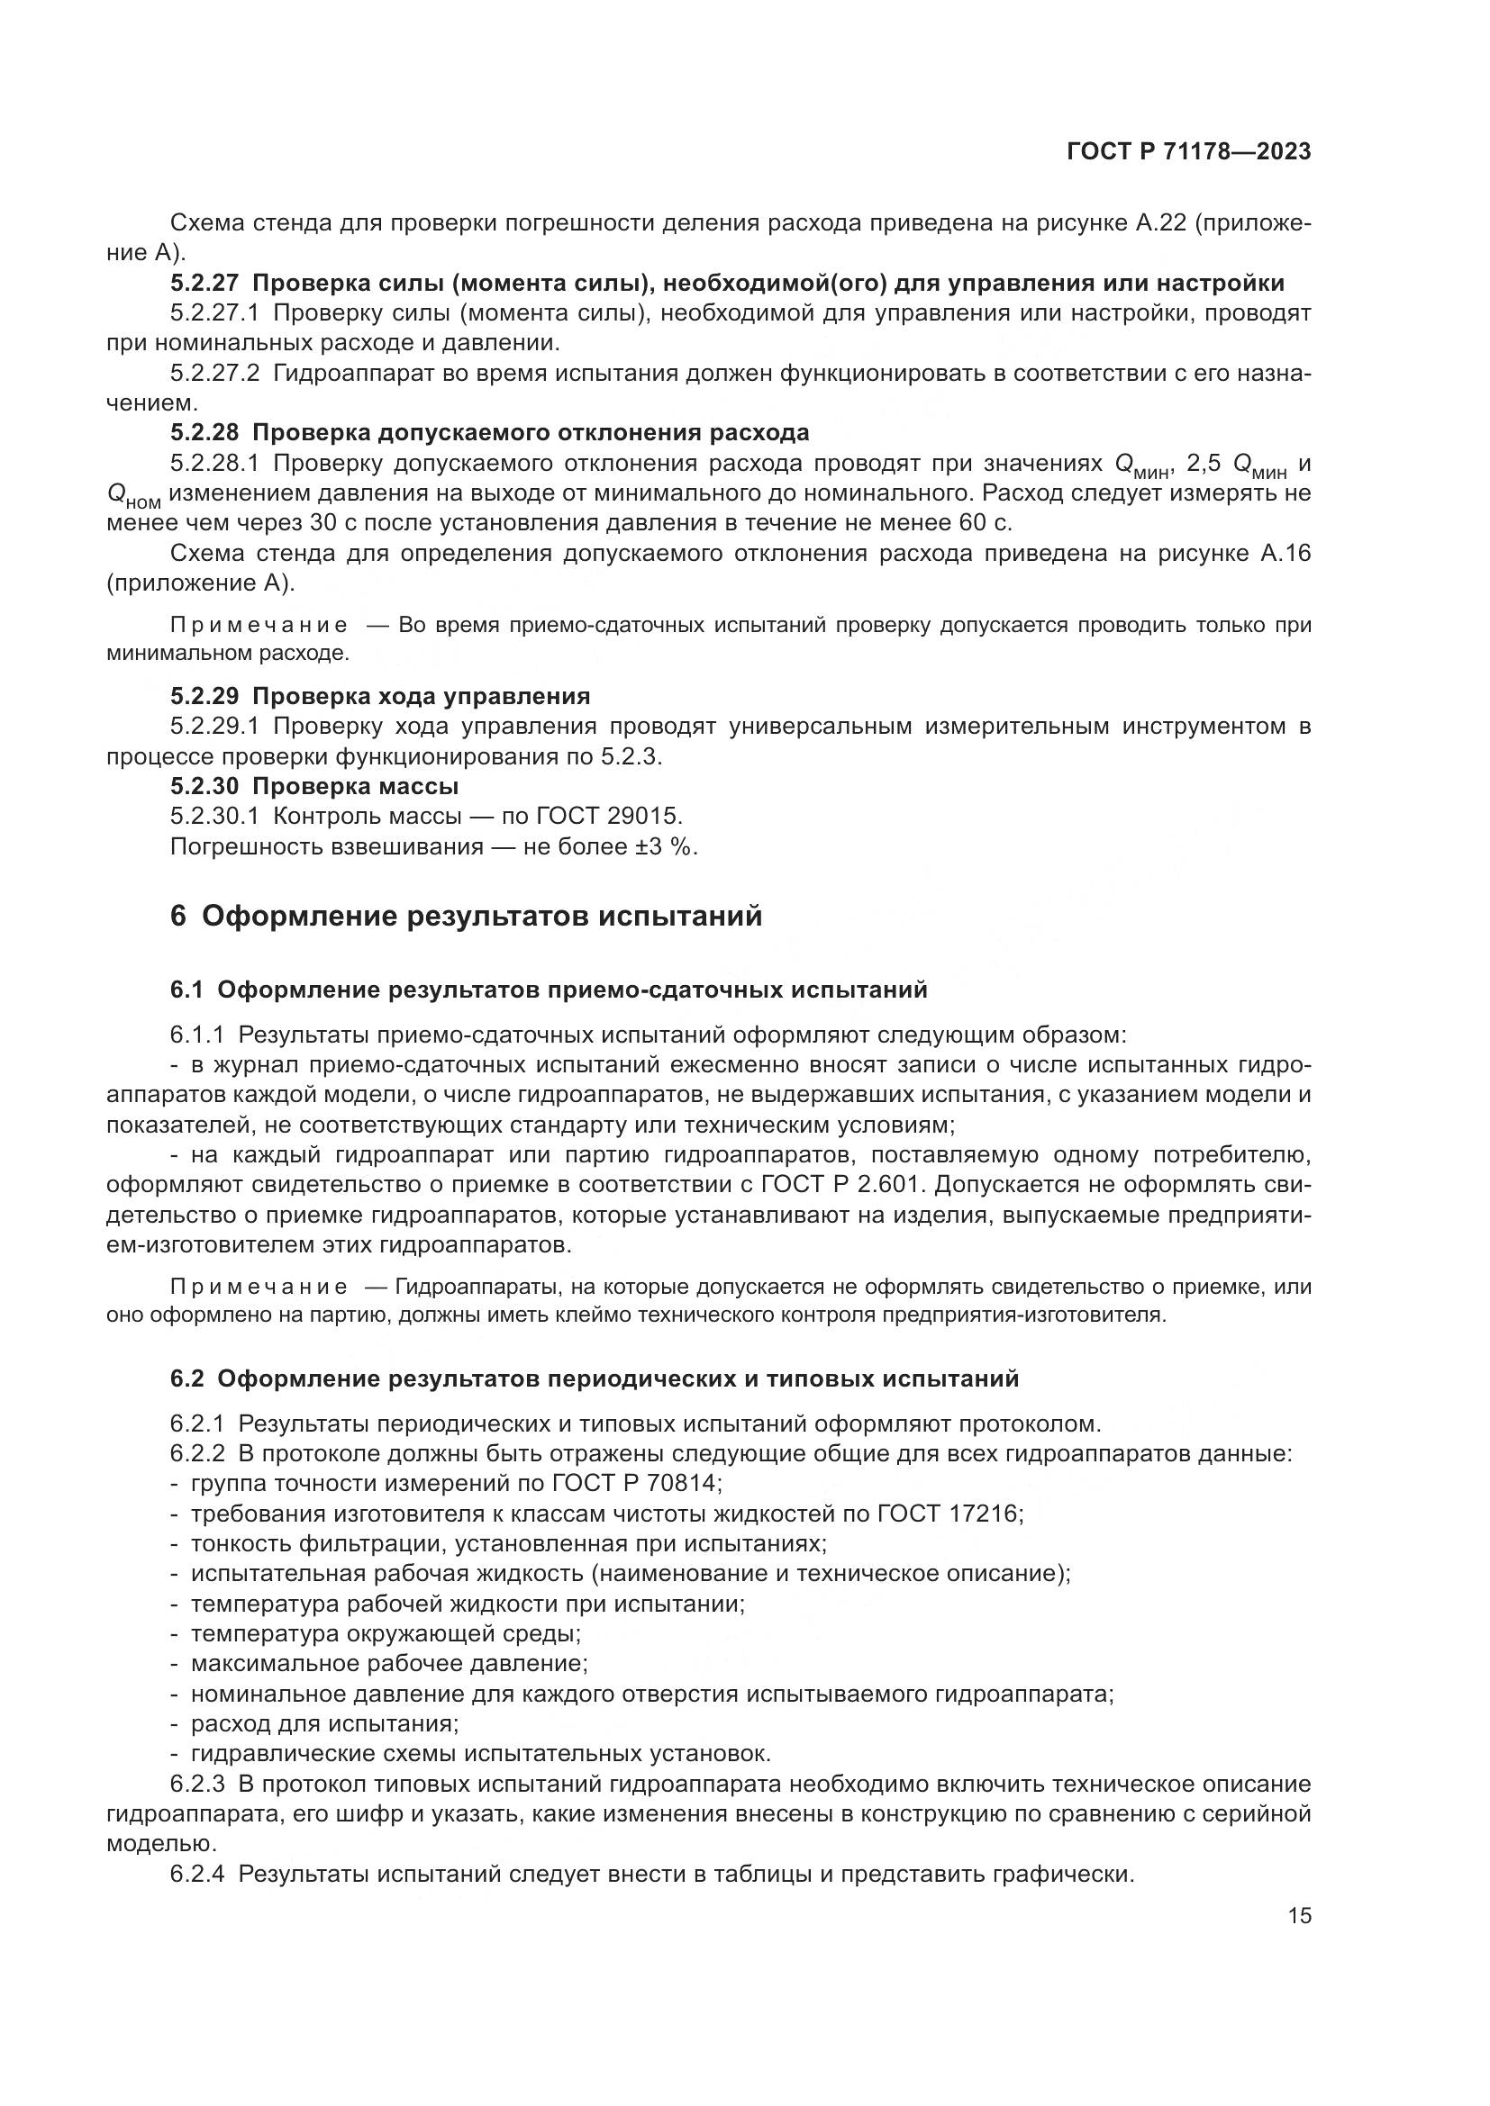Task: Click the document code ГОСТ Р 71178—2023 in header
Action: click(x=1188, y=152)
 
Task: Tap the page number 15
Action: click(x=1299, y=1916)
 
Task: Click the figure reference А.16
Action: click(x=1285, y=553)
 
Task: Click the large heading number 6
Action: click(x=178, y=917)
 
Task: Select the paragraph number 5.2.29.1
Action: click(x=214, y=727)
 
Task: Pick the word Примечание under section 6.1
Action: click(x=259, y=1287)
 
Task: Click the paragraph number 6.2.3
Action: click(x=196, y=1784)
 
